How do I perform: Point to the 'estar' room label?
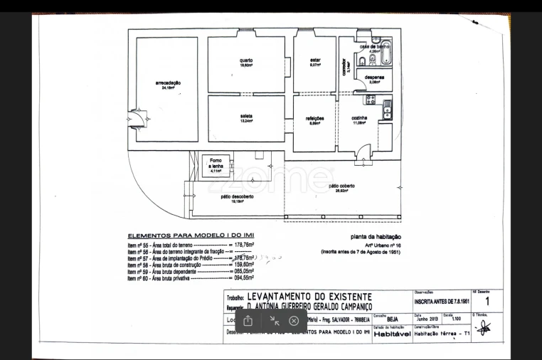coord(314,62)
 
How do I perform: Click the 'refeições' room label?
coord(315,119)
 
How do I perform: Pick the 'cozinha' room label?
coord(359,119)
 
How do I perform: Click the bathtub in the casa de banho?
coord(388,49)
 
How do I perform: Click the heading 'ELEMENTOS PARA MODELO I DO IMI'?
coord(190,235)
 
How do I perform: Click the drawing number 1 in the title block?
coord(487,301)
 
